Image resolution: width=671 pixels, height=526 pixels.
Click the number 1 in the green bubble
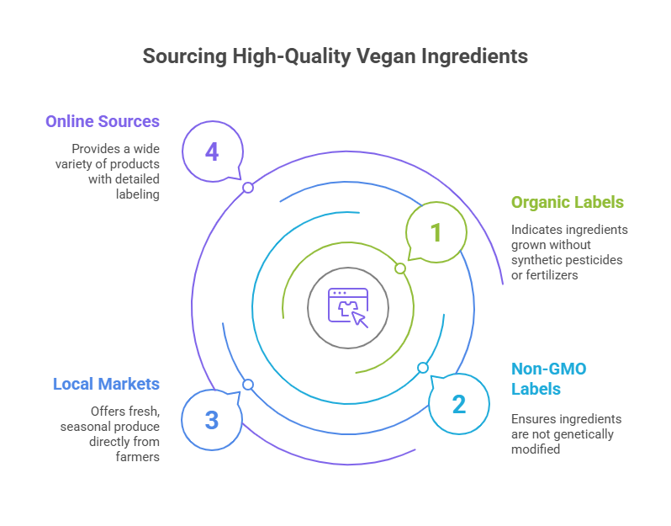436,231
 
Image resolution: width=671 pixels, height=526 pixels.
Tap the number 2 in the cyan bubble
458,404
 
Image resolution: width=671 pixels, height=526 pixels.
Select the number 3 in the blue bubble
212,419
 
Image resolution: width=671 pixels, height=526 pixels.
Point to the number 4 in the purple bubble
212,151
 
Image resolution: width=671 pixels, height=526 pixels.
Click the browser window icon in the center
348,307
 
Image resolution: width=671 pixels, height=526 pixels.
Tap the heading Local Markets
106,384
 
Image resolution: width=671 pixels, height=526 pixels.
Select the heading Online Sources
103,121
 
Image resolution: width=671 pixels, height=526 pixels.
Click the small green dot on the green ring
400,268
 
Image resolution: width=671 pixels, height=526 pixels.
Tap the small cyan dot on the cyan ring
423,368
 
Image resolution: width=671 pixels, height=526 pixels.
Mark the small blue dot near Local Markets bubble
248,385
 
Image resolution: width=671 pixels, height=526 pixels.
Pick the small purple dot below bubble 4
248,188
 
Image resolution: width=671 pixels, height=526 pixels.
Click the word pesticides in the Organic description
596,259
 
